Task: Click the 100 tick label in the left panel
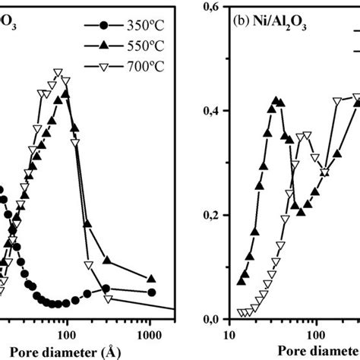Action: pos(67,335)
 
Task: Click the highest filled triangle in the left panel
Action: pos(66,94)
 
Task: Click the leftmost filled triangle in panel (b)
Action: pos(241,282)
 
